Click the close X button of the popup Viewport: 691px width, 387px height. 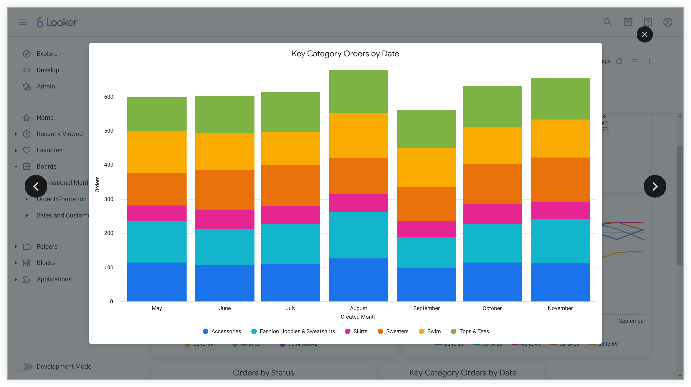pos(645,34)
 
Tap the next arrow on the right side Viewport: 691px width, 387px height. pos(655,186)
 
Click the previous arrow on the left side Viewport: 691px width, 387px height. pos(36,186)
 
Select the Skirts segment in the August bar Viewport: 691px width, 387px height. pos(358,203)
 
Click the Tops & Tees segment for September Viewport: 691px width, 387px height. pos(426,129)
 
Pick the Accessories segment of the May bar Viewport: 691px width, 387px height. pos(157,282)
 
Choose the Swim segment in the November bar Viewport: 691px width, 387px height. pos(560,138)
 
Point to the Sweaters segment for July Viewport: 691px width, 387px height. pos(290,186)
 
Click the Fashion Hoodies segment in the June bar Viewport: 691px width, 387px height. pos(225,247)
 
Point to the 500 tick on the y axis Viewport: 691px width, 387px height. pos(109,131)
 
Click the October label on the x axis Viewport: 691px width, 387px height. pos(492,308)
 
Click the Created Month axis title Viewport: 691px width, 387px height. pos(358,317)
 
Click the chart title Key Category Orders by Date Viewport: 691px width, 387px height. pos(345,54)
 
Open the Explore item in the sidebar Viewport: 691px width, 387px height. pos(47,54)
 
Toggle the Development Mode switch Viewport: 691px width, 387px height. pos(24,366)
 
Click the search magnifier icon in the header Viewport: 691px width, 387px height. pos(608,22)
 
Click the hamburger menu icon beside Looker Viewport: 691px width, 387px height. pos(23,22)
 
